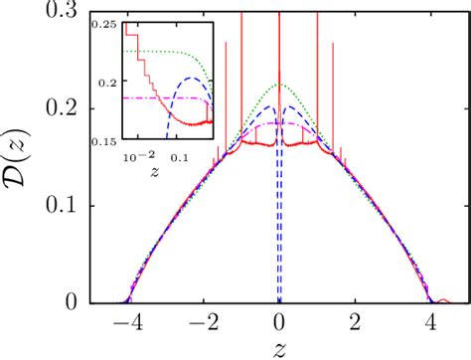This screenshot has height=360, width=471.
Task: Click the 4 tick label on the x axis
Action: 433,322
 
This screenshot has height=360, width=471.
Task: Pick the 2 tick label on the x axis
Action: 356,322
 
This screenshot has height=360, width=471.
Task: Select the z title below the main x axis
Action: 279,347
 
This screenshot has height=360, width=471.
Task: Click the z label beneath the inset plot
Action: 156,170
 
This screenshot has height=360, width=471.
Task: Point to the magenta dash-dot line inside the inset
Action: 159,97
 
